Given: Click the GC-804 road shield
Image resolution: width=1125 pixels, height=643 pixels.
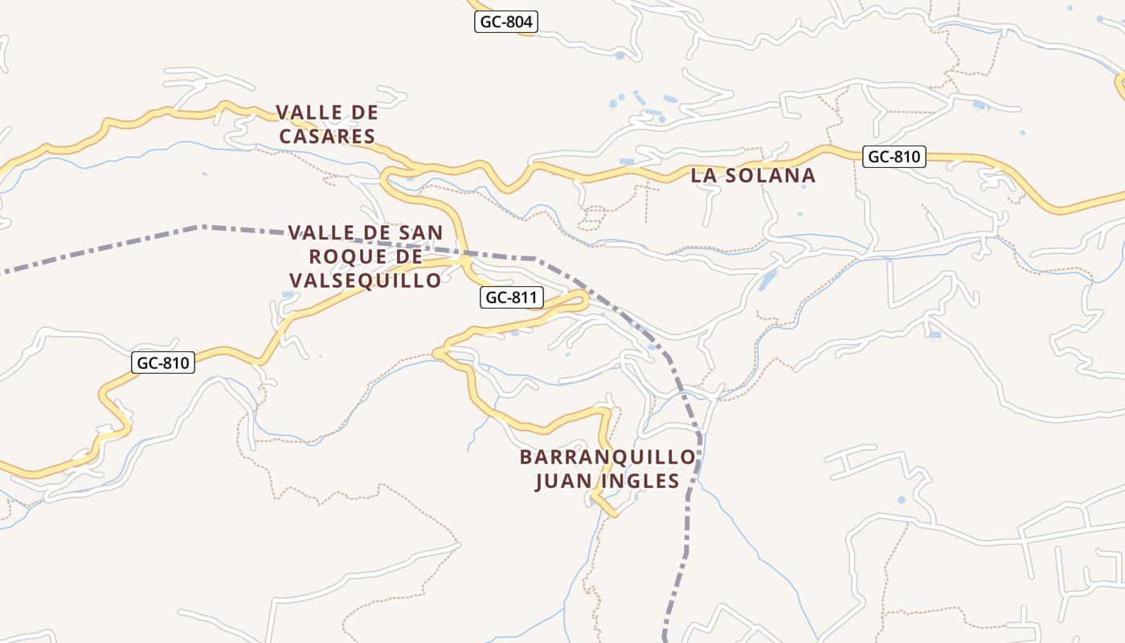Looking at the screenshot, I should [505, 22].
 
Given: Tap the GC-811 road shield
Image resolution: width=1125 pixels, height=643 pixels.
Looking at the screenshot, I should [512, 297].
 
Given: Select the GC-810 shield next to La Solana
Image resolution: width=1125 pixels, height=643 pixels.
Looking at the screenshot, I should [894, 157].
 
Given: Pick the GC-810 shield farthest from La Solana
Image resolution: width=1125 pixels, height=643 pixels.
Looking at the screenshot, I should [163, 362].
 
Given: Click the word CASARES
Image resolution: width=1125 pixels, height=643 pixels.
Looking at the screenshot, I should [327, 137].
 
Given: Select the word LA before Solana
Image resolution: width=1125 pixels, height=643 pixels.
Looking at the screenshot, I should [704, 175].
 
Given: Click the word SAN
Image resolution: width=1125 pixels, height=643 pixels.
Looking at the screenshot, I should [417, 233].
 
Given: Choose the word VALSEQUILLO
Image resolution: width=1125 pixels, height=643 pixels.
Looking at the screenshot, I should [365, 280].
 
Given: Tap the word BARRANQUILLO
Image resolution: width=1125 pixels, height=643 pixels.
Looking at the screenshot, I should [607, 457].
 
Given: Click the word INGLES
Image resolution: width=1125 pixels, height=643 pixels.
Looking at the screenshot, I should [641, 481].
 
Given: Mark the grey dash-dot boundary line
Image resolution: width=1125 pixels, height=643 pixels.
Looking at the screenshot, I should [121, 244].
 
